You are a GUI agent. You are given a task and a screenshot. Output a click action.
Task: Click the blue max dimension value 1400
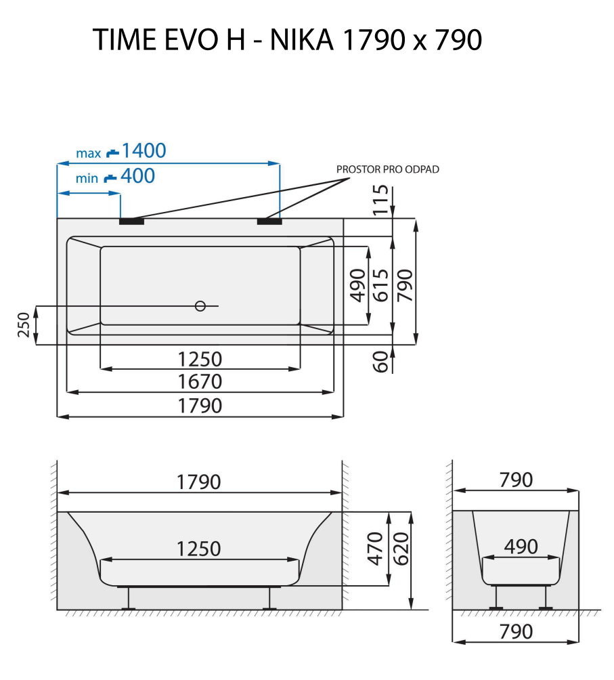(x=144, y=150)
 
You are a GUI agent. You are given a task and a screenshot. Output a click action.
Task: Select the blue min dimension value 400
(x=137, y=177)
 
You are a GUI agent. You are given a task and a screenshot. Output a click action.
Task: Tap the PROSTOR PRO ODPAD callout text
(x=388, y=169)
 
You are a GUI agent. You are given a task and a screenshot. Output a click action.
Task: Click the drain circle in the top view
(x=200, y=306)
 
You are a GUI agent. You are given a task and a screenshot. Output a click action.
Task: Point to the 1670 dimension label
(x=200, y=382)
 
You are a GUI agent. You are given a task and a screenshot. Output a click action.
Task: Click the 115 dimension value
(x=382, y=200)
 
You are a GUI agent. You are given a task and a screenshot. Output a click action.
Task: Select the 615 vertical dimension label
(x=381, y=285)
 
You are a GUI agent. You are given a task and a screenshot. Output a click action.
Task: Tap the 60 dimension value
(x=382, y=361)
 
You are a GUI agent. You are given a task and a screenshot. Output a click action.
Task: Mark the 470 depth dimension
(x=378, y=549)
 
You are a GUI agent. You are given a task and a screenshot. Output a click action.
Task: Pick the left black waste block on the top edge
(x=131, y=220)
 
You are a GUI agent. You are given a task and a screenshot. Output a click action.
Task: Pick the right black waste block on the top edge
(x=269, y=220)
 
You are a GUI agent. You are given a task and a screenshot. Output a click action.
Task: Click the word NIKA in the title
(x=302, y=41)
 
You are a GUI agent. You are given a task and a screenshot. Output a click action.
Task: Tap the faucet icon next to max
(x=112, y=153)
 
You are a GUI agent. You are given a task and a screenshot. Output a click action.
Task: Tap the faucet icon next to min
(x=110, y=179)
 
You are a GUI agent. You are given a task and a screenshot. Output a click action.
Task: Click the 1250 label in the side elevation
(x=199, y=549)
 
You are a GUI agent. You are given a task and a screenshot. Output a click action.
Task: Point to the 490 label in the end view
(x=521, y=547)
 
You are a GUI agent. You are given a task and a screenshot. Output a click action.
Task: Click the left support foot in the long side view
(x=127, y=599)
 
